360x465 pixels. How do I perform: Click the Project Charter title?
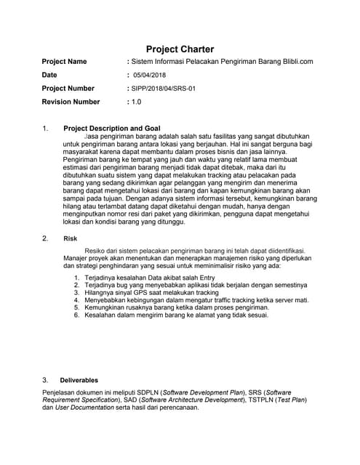(x=180, y=49)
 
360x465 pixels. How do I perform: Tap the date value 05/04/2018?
(x=149, y=75)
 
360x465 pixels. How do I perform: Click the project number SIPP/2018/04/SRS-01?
(x=161, y=89)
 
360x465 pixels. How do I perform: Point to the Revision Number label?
(x=71, y=102)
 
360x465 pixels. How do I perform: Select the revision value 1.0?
(x=136, y=102)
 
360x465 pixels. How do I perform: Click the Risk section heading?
(x=71, y=238)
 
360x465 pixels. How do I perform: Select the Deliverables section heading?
(x=79, y=380)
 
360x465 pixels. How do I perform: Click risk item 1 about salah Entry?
(x=149, y=278)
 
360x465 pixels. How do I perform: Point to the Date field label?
(x=49, y=75)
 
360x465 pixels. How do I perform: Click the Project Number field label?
(x=68, y=89)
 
